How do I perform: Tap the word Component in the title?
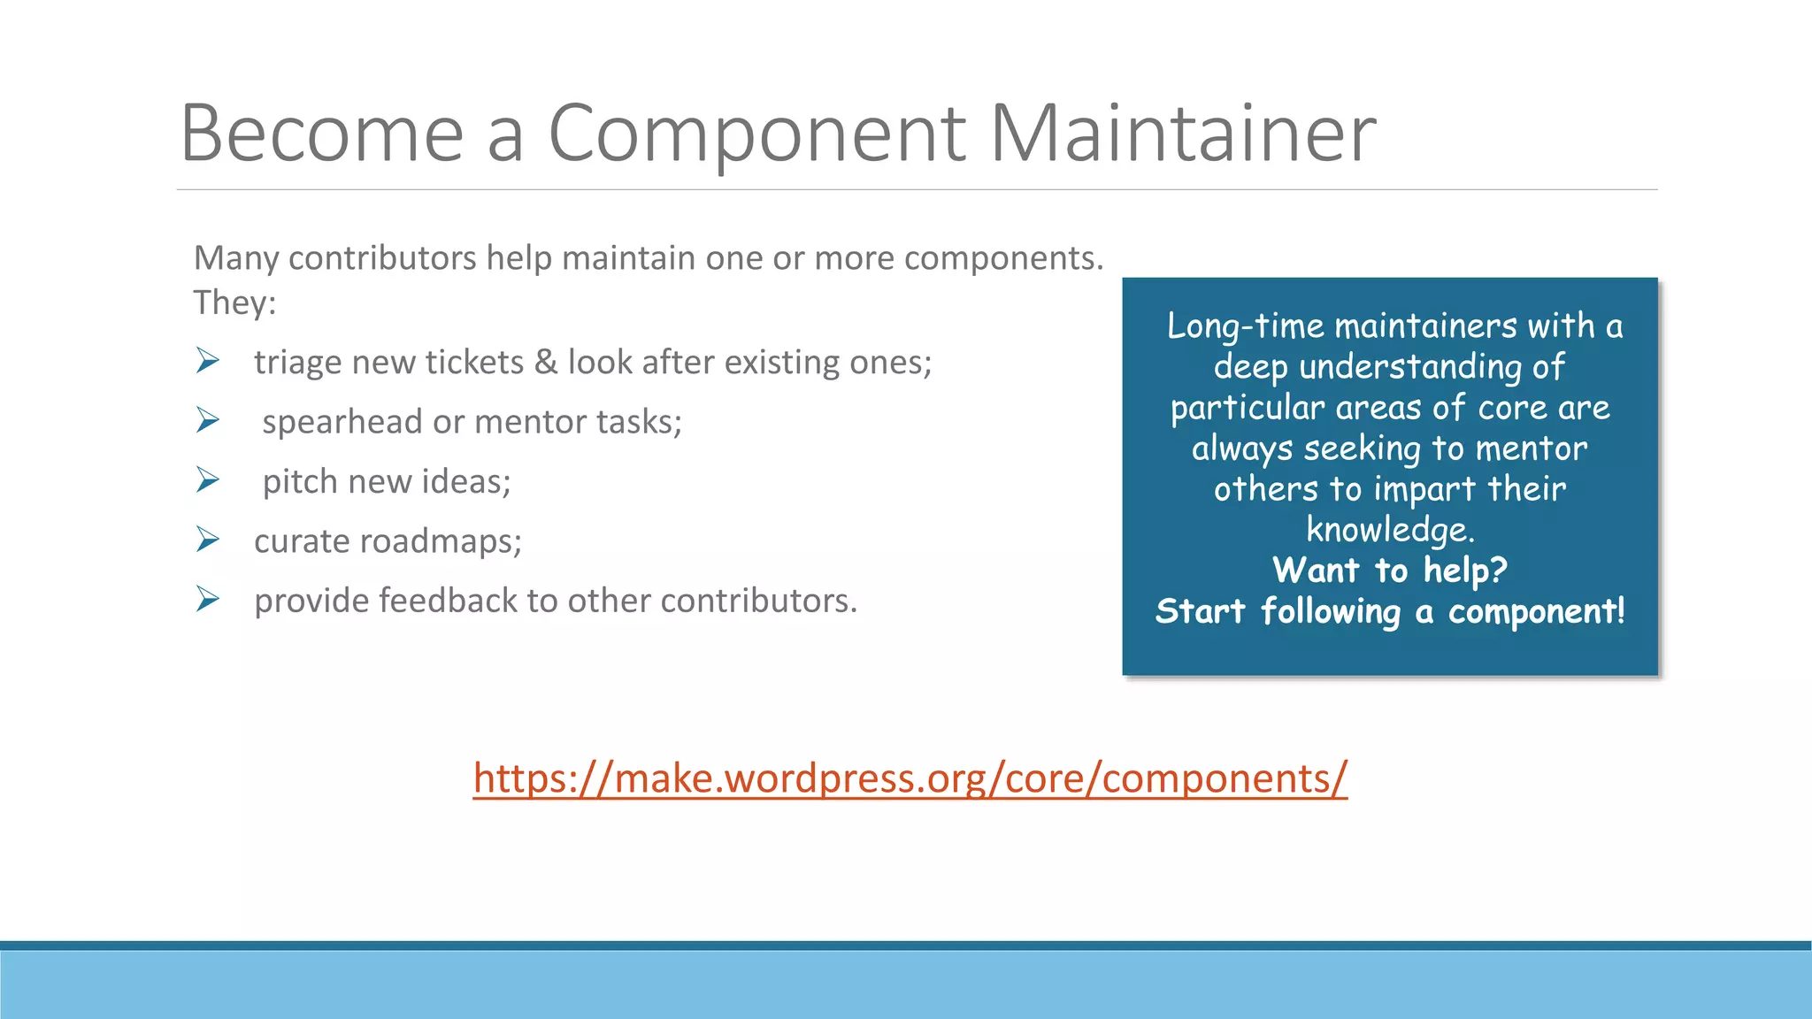click(757, 134)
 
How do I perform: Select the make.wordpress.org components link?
click(910, 778)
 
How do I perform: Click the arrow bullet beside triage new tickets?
click(208, 361)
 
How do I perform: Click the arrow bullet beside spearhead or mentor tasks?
click(208, 420)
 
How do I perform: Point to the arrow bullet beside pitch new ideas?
click(208, 479)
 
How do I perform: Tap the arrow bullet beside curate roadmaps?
click(208, 540)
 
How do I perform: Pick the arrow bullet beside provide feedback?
click(208, 599)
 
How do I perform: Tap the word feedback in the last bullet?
click(448, 601)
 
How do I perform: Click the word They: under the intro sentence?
click(234, 303)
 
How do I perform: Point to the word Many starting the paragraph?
click(236, 258)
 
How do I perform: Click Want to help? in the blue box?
click(1389, 570)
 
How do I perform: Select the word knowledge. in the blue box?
click(1390, 530)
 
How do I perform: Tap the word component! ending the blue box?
click(1536, 611)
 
